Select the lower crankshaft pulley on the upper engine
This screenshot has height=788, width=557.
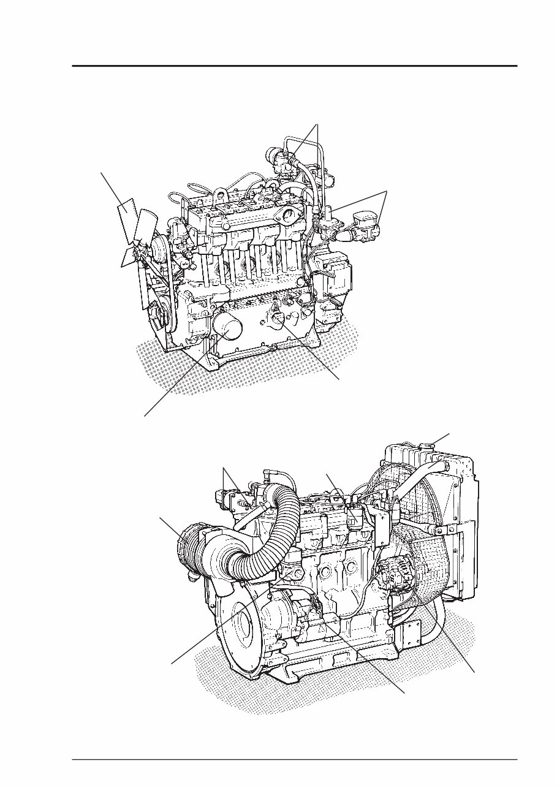click(161, 314)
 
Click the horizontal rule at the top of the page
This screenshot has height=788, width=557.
click(294, 66)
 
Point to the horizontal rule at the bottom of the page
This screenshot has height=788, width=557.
click(294, 760)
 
